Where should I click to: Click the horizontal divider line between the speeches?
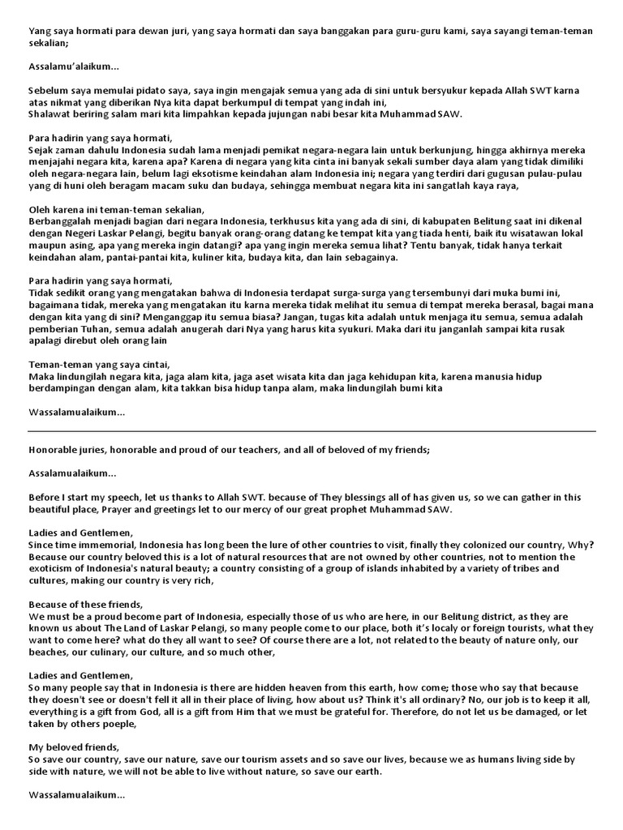(311, 431)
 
